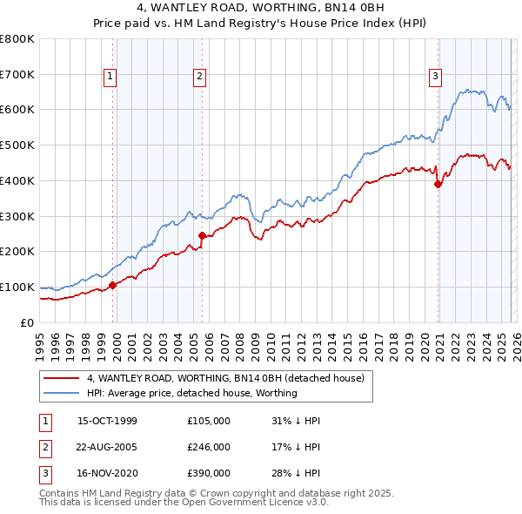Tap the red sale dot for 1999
(113, 285)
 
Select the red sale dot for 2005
(203, 235)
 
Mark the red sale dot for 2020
(438, 184)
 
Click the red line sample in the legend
(61, 379)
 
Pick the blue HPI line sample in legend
(61, 393)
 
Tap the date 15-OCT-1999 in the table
(107, 421)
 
